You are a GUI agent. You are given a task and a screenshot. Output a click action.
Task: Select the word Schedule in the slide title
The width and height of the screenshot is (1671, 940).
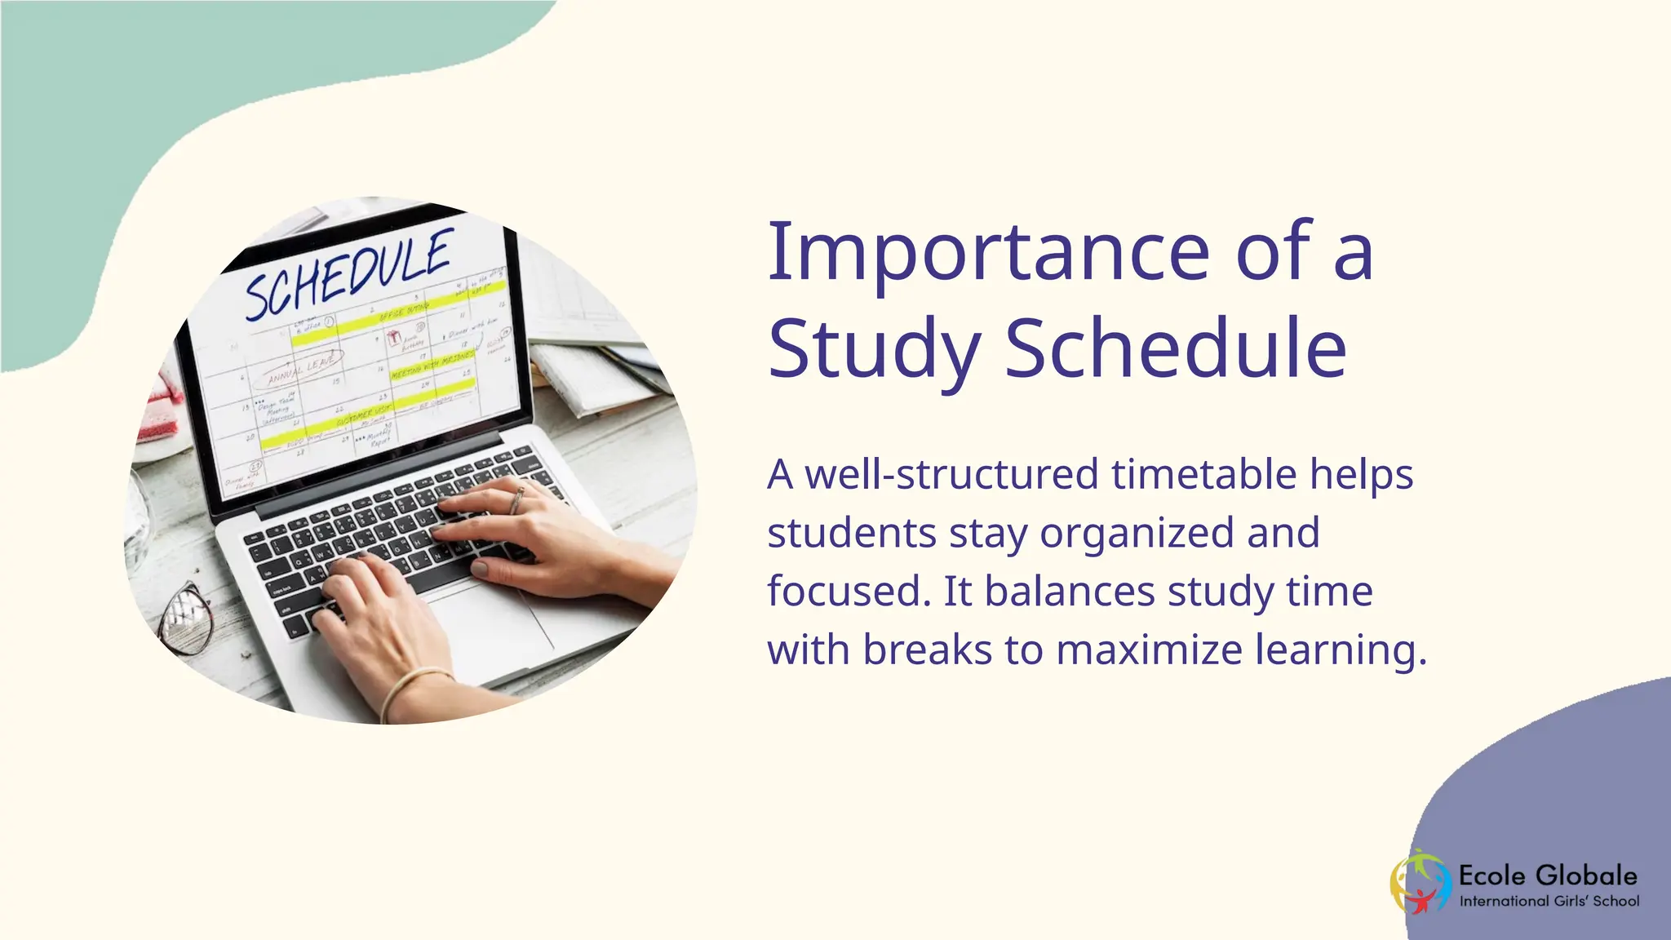coord(1175,349)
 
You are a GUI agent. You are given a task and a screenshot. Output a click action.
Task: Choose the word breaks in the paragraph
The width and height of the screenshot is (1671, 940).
coord(928,650)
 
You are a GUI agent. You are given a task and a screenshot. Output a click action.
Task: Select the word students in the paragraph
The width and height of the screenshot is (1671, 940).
coord(852,533)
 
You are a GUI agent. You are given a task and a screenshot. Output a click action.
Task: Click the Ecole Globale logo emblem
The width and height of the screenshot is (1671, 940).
coord(1421,883)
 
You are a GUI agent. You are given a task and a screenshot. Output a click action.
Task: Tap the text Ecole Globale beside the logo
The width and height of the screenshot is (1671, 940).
coord(1547,876)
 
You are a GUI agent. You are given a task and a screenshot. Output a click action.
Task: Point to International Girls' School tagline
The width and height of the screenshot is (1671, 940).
coord(1549,902)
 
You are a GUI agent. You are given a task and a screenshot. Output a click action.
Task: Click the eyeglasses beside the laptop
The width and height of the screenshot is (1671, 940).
coord(187,616)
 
